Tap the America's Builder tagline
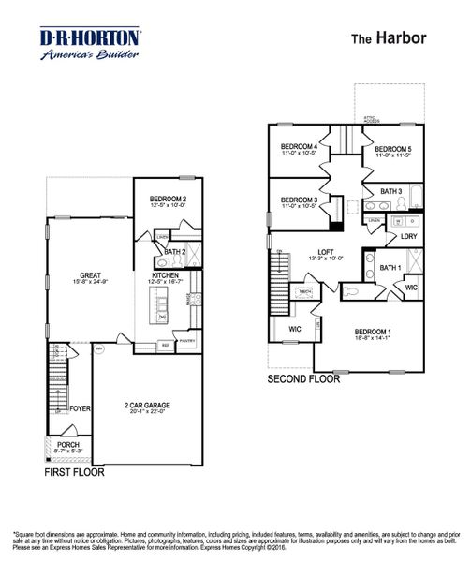[x=91, y=55]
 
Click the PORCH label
[x=68, y=444]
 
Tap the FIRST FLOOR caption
[x=75, y=473]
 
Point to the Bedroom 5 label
[x=393, y=149]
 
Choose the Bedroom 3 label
[x=300, y=200]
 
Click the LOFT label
[x=326, y=252]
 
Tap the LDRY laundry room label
[x=408, y=236]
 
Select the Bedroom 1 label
[x=373, y=333]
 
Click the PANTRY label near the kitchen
[x=185, y=342]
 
